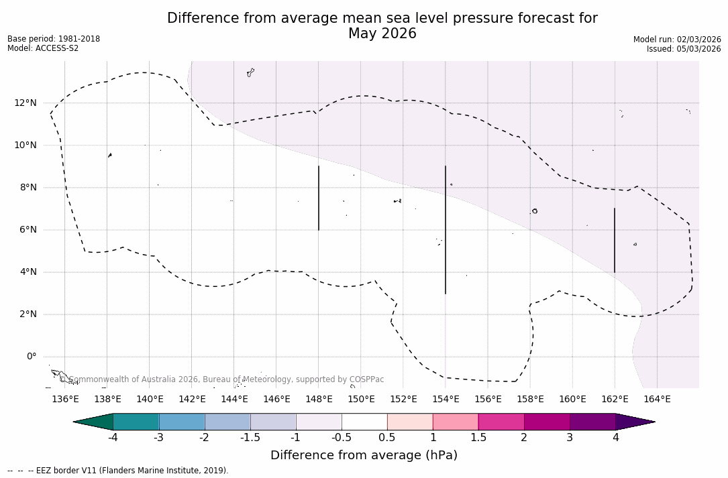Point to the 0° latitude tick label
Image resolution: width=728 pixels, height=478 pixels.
click(31, 357)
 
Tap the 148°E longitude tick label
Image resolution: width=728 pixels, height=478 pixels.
click(319, 399)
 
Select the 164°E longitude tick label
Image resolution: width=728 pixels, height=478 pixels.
click(657, 399)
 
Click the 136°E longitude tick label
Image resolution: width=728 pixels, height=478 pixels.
click(65, 399)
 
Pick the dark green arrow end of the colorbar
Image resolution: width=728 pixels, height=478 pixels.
click(94, 422)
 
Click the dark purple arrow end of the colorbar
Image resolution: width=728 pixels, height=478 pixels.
click(634, 422)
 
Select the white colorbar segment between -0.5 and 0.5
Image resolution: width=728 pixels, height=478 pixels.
click(364, 422)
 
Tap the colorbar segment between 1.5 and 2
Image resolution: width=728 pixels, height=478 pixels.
click(501, 422)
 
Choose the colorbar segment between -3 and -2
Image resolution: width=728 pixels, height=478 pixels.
click(182, 422)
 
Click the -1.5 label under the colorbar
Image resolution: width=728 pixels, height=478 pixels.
click(250, 438)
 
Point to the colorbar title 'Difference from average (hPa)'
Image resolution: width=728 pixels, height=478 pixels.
click(364, 456)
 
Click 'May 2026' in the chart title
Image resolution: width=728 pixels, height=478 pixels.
click(382, 34)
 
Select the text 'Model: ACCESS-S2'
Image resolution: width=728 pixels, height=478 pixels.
click(43, 48)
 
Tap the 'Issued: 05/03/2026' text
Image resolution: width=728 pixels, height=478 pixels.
click(684, 49)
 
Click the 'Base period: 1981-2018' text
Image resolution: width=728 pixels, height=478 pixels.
click(54, 39)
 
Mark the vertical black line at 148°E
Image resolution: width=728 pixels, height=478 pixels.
click(319, 198)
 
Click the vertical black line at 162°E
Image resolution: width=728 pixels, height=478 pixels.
click(615, 240)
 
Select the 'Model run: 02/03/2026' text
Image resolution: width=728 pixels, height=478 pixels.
click(677, 40)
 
